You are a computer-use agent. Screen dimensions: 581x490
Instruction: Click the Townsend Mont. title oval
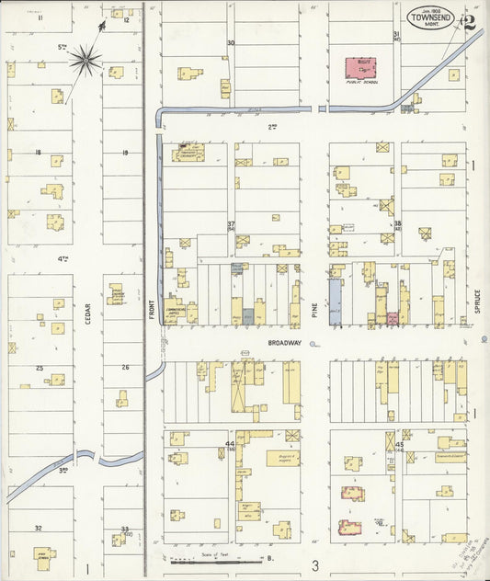tap(431, 20)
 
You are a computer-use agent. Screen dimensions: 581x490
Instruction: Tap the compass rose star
tap(85, 61)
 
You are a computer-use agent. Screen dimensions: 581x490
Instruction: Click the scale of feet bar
tap(217, 558)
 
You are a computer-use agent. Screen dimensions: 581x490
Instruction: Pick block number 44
tap(230, 445)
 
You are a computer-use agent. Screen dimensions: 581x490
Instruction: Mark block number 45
tap(398, 445)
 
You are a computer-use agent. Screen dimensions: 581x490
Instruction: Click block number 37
tap(232, 224)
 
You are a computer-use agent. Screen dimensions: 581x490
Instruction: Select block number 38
tap(397, 223)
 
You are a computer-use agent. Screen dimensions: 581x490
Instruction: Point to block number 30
tap(231, 43)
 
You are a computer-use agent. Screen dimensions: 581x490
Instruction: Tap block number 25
tap(40, 368)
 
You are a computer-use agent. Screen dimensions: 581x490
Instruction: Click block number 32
tap(38, 528)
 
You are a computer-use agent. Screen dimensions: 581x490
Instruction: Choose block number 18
tap(38, 153)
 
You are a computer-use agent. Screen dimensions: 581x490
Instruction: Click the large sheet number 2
tap(469, 22)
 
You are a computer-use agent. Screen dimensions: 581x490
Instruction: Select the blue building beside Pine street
tap(335, 299)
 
